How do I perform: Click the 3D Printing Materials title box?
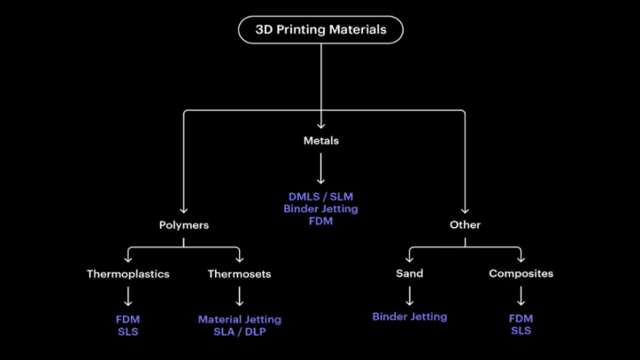[321, 30]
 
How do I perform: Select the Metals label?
[321, 140]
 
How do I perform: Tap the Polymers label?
[183, 225]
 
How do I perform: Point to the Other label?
[465, 225]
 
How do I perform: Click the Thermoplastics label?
[128, 273]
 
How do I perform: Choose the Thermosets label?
[239, 273]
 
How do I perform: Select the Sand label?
[410, 273]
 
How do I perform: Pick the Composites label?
[521, 273]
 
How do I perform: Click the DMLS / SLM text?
[321, 197]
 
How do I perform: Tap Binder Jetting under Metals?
[321, 209]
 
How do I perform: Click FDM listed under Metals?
[321, 221]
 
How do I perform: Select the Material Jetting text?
[239, 319]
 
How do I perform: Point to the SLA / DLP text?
[239, 331]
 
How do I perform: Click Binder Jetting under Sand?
[410, 317]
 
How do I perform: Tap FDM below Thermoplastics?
[128, 319]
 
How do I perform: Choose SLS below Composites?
[521, 331]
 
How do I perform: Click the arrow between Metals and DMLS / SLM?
[321, 168]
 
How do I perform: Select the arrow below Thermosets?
[239, 295]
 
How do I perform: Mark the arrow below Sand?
[410, 295]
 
